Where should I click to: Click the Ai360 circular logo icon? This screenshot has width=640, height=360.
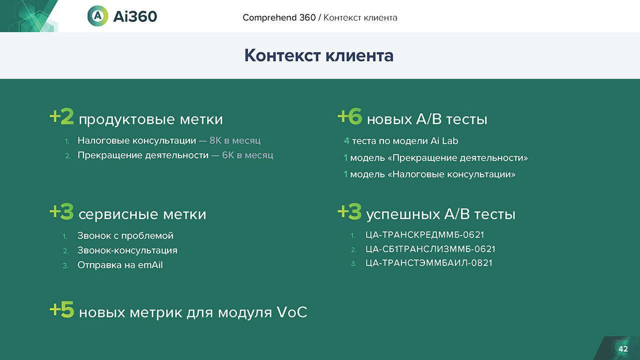[97, 16]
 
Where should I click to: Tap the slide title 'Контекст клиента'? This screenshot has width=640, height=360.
[319, 55]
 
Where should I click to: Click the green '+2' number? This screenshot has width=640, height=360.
[61, 116]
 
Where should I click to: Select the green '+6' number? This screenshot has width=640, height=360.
[349, 116]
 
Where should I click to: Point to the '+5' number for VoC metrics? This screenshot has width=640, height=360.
[61, 309]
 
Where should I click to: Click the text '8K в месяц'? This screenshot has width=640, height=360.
[235, 140]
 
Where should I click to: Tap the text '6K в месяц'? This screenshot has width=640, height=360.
[247, 155]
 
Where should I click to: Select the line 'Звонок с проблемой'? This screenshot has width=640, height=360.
[125, 235]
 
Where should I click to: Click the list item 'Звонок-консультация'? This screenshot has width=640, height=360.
[127, 250]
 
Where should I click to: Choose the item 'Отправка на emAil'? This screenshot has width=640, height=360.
[120, 265]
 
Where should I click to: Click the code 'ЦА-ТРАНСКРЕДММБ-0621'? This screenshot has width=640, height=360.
[425, 235]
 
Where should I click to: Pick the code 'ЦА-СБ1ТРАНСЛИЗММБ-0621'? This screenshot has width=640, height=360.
[430, 249]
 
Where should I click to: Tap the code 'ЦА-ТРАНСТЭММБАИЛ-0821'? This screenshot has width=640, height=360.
[429, 263]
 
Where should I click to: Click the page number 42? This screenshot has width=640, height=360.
[623, 349]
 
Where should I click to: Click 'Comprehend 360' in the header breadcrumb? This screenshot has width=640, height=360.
[279, 17]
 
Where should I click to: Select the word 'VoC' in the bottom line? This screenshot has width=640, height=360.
[292, 312]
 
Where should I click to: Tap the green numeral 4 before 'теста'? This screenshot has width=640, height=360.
[346, 141]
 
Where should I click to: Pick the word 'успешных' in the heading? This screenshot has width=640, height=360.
[403, 214]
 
